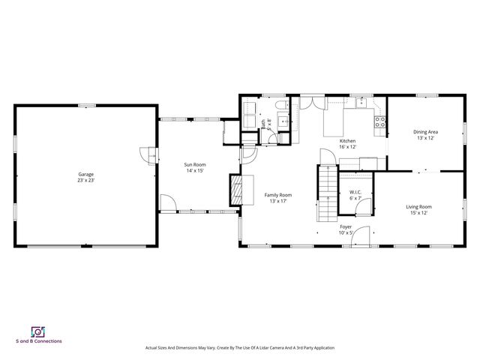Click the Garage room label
point(85,174)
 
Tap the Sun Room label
point(196,164)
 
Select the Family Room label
point(277,195)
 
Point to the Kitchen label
point(347,141)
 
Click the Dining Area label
point(425,132)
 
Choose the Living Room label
point(418,206)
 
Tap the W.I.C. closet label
point(355,192)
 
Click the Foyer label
point(346,226)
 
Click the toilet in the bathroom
point(279,106)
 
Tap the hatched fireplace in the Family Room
point(236,189)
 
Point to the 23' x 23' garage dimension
point(85,180)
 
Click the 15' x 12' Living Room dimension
point(418,213)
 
